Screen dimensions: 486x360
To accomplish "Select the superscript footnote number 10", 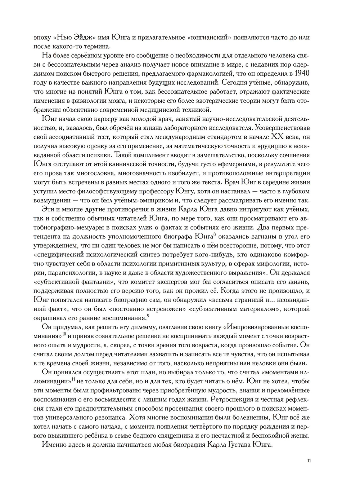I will (x=64, y=334).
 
